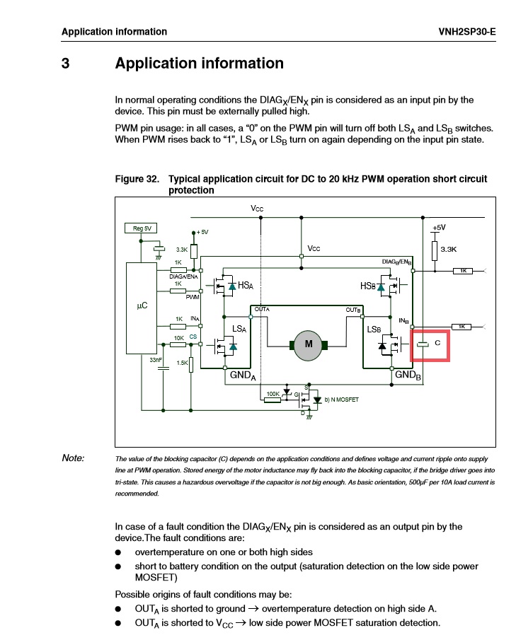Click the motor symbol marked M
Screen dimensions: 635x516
308,344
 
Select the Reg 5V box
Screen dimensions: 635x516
142,228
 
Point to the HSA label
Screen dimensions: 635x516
246,285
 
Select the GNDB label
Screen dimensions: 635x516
408,375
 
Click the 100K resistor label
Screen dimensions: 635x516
272,393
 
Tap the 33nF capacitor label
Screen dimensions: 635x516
156,360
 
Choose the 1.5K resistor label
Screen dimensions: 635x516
182,363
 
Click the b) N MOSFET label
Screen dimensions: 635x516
342,400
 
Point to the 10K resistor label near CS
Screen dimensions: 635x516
179,338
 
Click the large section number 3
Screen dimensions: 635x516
65,63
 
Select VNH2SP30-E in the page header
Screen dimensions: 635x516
468,32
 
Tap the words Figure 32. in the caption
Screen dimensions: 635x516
137,180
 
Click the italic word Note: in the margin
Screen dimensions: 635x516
73,458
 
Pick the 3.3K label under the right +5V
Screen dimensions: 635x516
449,249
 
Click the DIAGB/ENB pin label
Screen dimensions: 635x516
397,262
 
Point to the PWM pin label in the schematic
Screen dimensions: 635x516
192,298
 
